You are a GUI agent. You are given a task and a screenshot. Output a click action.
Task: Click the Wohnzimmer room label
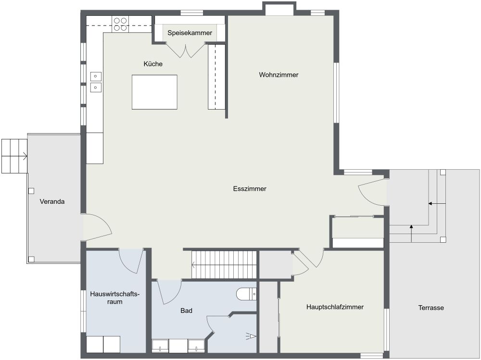coord(278,75)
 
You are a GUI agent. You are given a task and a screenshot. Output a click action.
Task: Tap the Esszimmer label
coord(250,189)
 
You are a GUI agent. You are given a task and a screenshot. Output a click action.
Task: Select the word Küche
coord(153,64)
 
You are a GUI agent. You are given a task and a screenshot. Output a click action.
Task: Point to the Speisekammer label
coord(190,33)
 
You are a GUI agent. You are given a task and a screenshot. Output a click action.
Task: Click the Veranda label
coord(52,201)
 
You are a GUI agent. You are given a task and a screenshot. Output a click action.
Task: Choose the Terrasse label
coord(431,308)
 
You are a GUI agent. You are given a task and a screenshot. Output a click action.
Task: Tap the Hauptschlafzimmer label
coord(335,307)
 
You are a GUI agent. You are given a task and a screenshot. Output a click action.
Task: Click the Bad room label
coord(187,311)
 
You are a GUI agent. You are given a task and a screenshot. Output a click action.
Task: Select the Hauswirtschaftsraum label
coord(114,298)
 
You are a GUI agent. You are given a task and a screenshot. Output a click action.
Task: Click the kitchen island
coord(154,92)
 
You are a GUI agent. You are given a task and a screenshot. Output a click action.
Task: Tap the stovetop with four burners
coord(120,24)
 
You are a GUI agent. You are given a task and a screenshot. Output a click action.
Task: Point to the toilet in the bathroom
coord(247,293)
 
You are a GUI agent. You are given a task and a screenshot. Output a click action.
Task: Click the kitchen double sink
coord(96,81)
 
